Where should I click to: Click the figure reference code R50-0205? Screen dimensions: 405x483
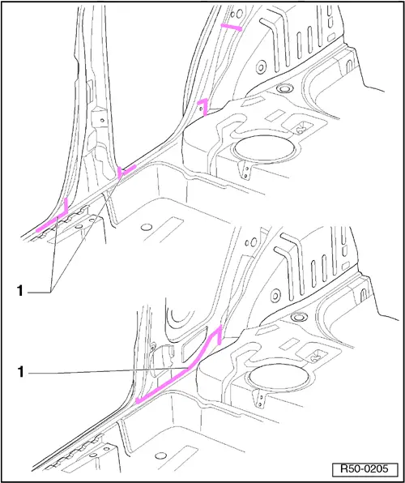click(x=364, y=469)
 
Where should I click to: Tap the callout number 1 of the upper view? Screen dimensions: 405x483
click(x=20, y=291)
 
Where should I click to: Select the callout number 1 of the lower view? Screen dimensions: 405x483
click(x=20, y=373)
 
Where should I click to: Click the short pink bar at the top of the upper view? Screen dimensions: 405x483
click(x=232, y=28)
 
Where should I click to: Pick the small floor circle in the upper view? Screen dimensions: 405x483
click(x=147, y=228)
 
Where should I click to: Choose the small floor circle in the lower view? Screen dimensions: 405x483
click(x=160, y=456)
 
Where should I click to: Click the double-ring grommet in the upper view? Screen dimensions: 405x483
click(x=283, y=88)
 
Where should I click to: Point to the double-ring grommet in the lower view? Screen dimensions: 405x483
click(x=298, y=317)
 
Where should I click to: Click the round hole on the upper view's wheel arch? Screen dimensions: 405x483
click(x=261, y=66)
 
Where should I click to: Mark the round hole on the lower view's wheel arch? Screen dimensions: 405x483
click(x=275, y=296)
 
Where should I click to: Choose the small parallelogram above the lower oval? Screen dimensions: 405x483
click(x=291, y=344)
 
